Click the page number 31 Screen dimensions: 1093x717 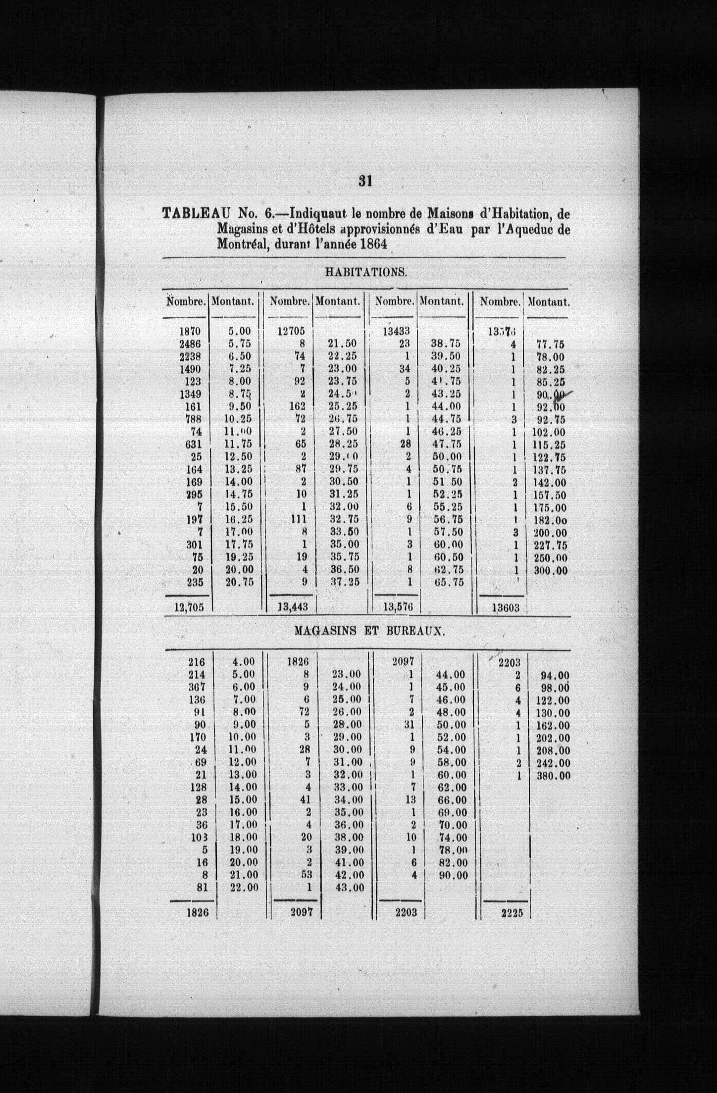click(365, 181)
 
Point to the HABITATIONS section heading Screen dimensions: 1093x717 click(366, 272)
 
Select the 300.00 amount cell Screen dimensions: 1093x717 click(550, 571)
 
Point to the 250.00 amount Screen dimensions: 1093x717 click(550, 558)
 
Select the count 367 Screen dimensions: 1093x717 click(197, 687)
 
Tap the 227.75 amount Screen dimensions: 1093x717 click(550, 546)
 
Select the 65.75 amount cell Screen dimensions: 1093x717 click(449, 583)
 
